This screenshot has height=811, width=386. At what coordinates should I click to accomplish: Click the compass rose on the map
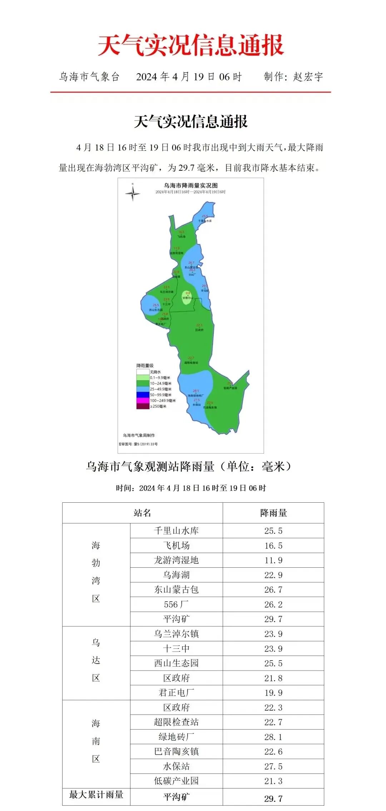(x=133, y=193)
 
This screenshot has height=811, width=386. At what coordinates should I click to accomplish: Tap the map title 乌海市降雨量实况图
(x=190, y=185)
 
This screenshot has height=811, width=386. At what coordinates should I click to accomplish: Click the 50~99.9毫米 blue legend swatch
(x=143, y=395)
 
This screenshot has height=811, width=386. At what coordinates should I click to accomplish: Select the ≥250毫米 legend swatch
(x=143, y=406)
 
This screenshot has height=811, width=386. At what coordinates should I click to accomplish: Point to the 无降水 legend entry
(x=155, y=372)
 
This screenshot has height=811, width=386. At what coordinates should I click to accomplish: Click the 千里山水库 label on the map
(x=205, y=221)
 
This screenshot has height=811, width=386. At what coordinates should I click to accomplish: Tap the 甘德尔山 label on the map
(x=188, y=298)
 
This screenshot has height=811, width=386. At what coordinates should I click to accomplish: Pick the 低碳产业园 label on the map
(x=230, y=388)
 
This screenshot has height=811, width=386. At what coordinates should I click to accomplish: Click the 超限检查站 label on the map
(x=191, y=363)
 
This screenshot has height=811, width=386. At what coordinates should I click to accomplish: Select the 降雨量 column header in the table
(x=273, y=513)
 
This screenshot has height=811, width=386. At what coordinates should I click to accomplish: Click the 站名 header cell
(x=142, y=513)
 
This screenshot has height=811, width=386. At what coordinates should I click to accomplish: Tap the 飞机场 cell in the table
(x=176, y=546)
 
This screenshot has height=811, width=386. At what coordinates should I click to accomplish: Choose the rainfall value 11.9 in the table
(x=273, y=560)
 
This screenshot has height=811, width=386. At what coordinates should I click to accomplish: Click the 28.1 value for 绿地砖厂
(x=273, y=737)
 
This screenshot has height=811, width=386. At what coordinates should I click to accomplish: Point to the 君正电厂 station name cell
(x=176, y=693)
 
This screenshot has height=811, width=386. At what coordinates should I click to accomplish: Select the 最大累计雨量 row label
(x=96, y=795)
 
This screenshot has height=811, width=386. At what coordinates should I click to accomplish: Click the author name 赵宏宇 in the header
(x=308, y=77)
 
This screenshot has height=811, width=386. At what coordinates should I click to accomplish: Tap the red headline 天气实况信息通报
(x=191, y=45)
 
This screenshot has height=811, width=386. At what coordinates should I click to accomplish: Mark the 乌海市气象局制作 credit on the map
(x=139, y=435)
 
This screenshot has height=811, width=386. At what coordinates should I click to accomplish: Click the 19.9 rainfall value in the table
(x=273, y=693)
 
